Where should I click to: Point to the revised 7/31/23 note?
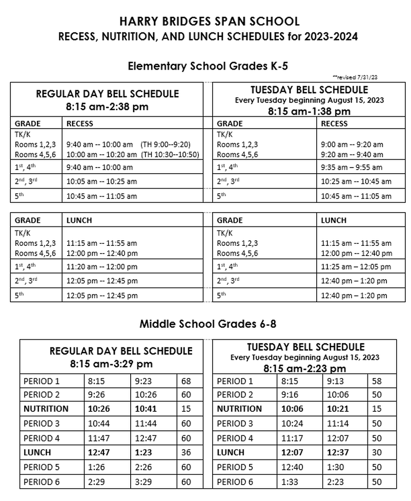(355, 77)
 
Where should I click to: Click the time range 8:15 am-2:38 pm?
(107, 108)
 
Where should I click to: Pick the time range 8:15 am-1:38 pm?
(309, 111)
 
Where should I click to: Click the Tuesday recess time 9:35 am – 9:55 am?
(351, 167)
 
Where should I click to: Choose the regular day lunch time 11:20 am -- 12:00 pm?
(101, 267)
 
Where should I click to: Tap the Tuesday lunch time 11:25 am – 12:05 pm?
(356, 267)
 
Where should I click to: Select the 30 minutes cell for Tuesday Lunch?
(377, 453)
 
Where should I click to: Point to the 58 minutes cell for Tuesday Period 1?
(377, 381)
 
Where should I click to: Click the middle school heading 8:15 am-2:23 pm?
(305, 368)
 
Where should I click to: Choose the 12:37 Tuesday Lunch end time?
(336, 453)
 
